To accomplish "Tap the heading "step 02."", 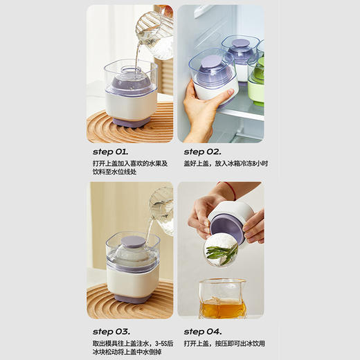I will (x=202, y=152).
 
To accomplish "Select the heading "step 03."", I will (x=111, y=331).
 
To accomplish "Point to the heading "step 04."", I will (x=202, y=331).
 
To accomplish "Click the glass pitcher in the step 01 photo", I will (x=154, y=34).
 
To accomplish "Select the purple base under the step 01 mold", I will (x=130, y=121).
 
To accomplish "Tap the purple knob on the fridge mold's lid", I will (x=211, y=62).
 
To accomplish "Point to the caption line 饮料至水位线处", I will (x=114, y=172).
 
